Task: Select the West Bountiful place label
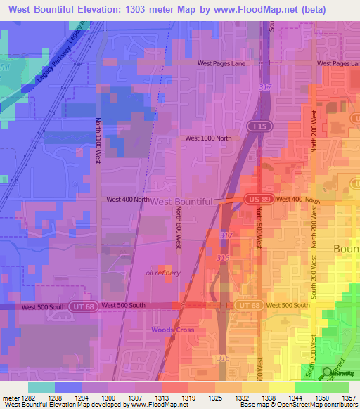181,201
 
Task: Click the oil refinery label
162,273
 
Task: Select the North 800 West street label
179,227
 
